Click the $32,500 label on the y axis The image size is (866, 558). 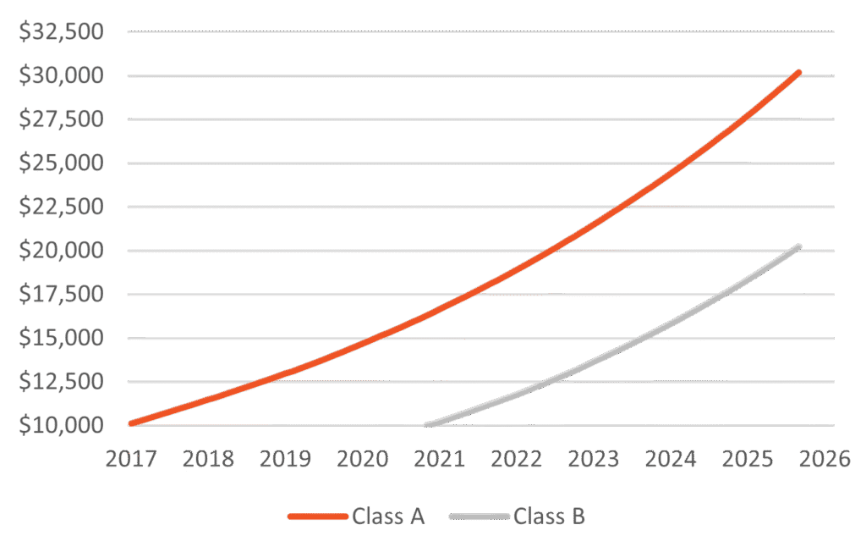61,32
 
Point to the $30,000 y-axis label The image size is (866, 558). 61,76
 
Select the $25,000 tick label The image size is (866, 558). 61,163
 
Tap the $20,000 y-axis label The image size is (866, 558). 61,251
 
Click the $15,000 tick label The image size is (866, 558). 61,338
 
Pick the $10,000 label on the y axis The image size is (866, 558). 61,425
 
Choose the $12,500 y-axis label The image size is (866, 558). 61,382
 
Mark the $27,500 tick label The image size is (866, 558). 61,119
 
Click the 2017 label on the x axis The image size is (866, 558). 131,459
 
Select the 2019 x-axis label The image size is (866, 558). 285,459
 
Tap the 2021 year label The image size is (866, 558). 440,459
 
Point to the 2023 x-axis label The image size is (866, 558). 594,459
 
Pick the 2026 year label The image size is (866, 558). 825,459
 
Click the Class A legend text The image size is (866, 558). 388,516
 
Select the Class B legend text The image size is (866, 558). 549,516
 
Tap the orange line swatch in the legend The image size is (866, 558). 317,516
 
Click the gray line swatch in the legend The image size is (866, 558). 480,516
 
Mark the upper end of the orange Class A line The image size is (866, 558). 797,73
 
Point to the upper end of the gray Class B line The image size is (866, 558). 797,246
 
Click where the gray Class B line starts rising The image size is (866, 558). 426,424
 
